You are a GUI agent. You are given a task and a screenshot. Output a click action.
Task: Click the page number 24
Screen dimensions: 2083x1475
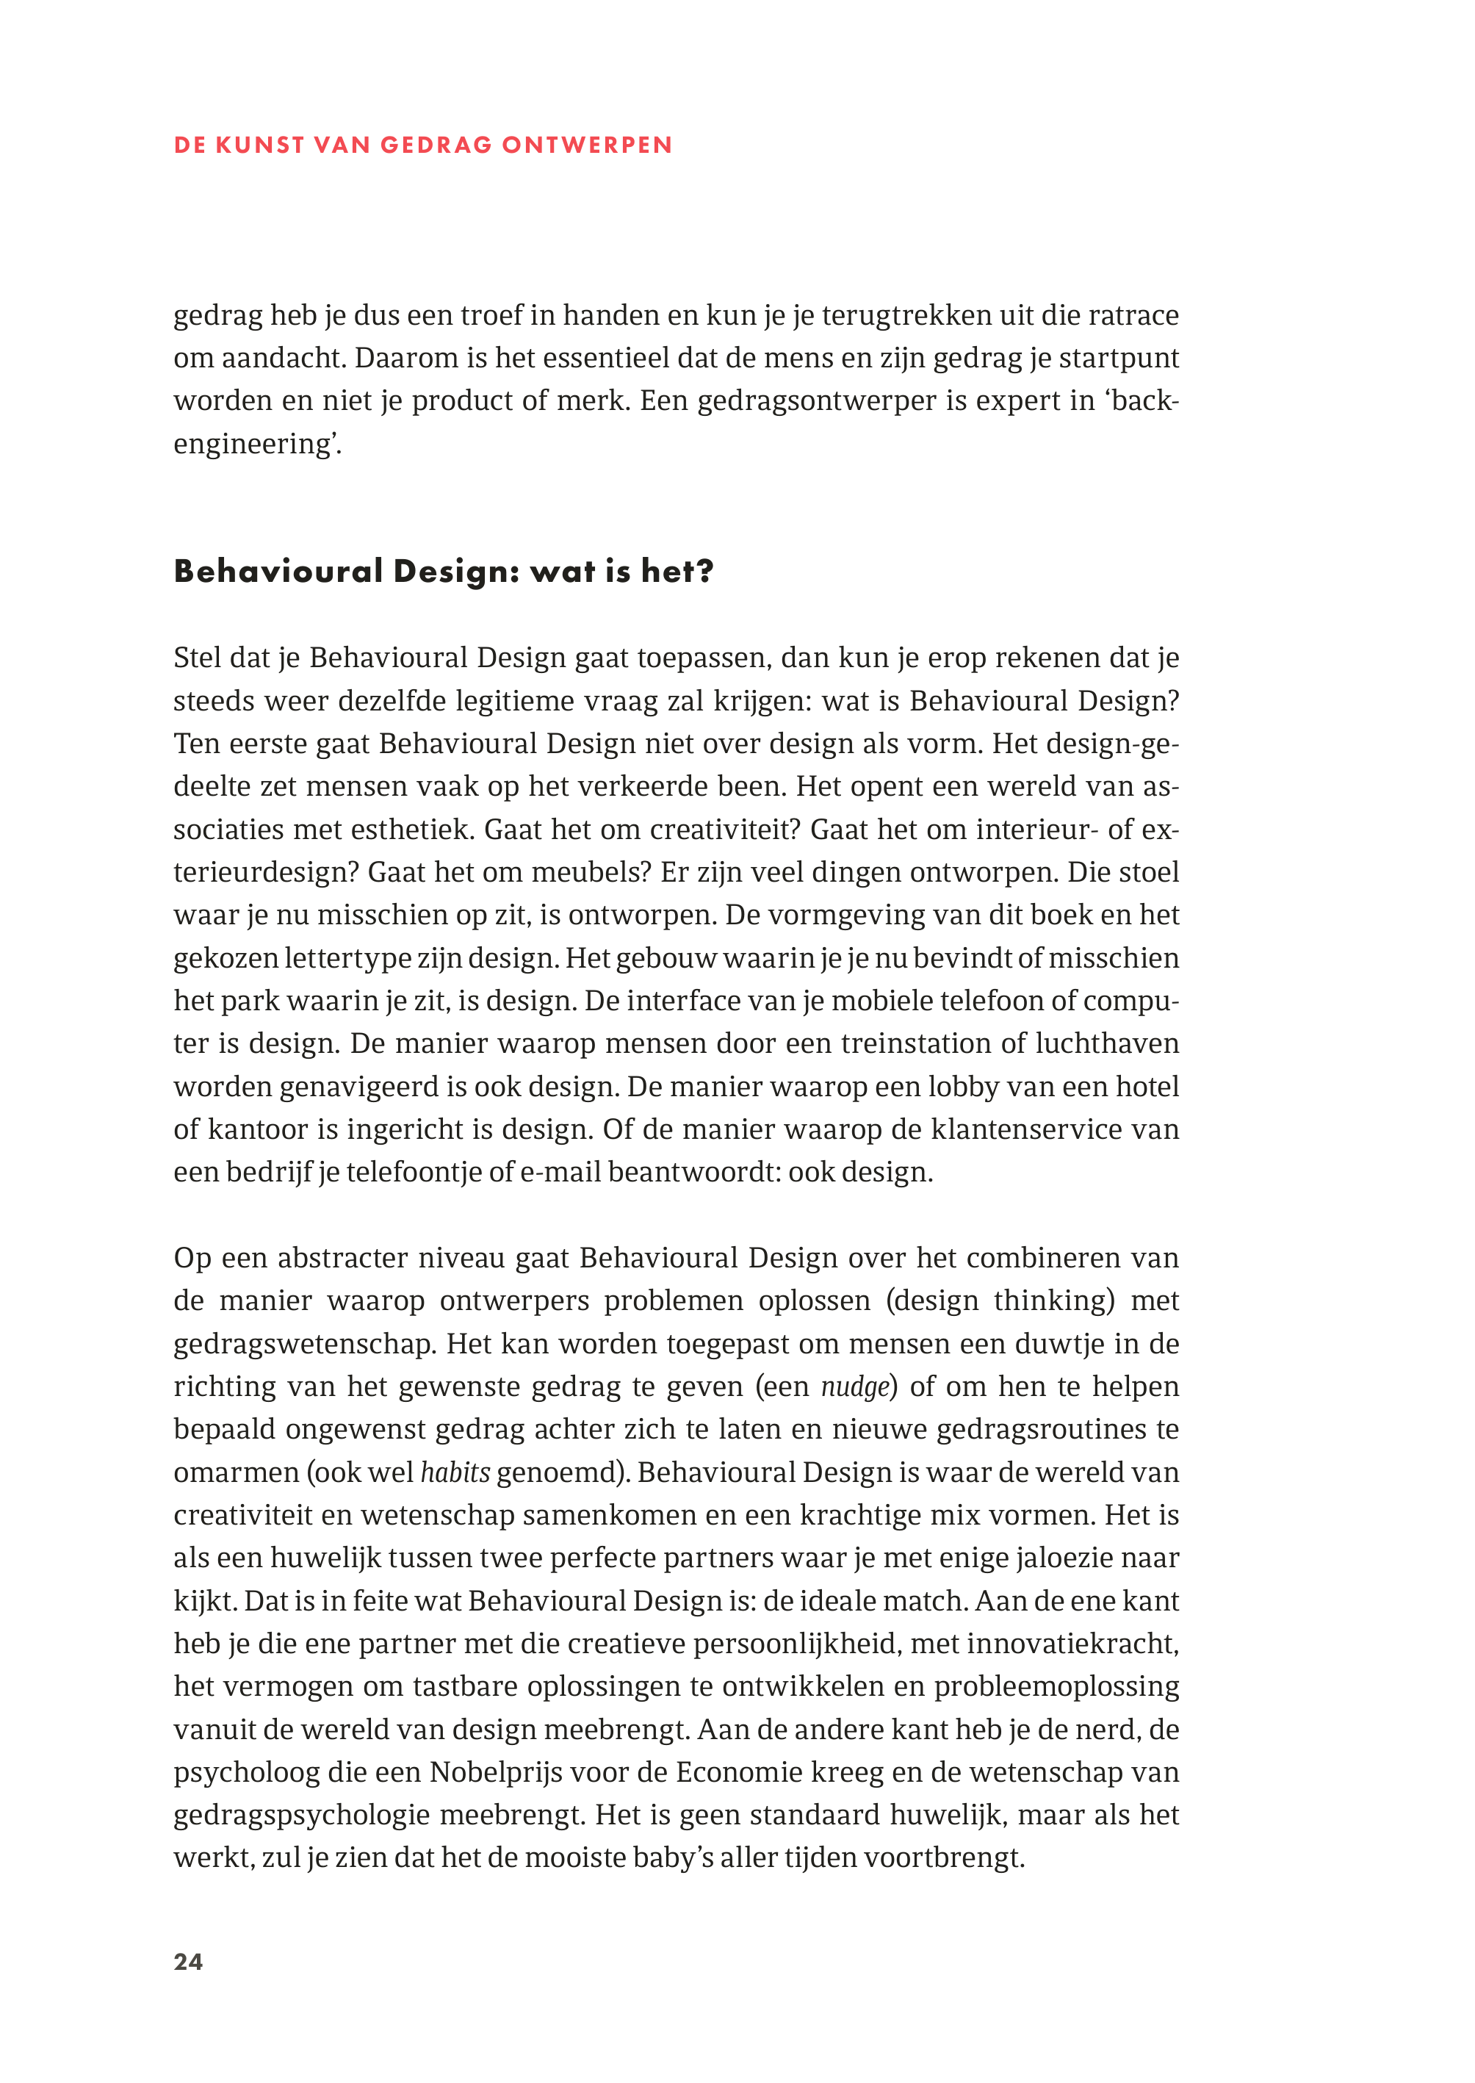(188, 1961)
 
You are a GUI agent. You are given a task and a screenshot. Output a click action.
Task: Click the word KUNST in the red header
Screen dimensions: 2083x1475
(260, 145)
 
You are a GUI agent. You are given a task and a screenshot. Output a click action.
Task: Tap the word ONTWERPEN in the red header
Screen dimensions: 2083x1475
(587, 145)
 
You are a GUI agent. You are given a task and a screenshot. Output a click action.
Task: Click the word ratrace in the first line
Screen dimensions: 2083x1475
(1133, 315)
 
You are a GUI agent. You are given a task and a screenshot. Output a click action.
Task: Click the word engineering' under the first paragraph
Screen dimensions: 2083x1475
(257, 445)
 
